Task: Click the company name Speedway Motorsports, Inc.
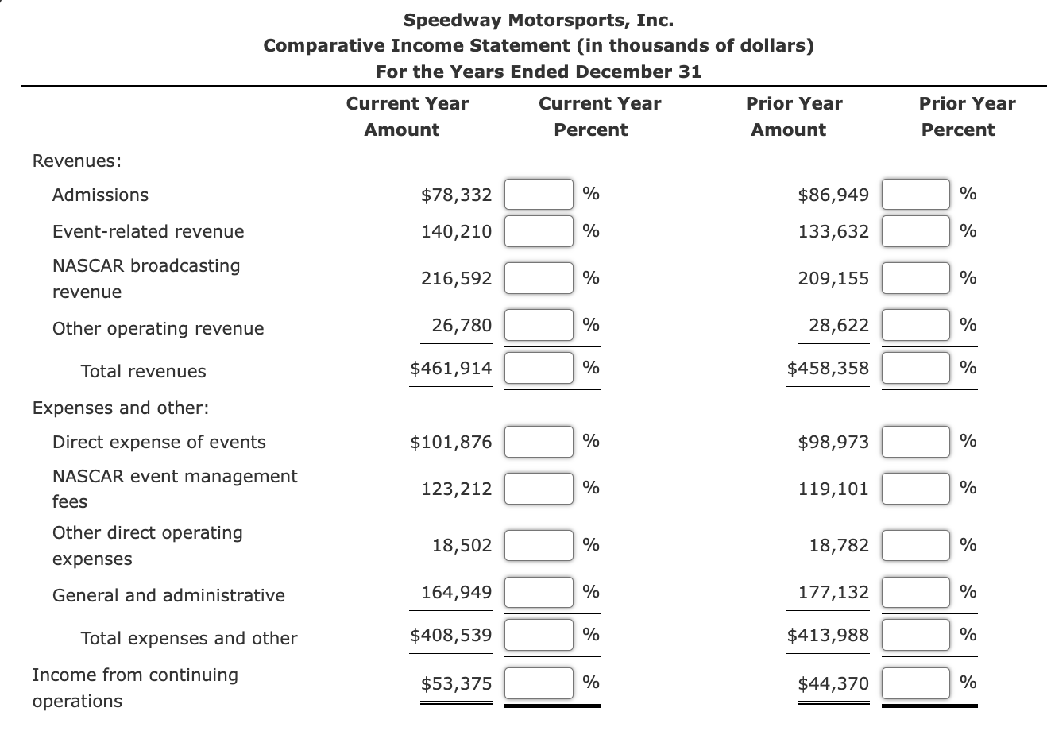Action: (x=539, y=19)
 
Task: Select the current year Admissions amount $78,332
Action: (x=456, y=195)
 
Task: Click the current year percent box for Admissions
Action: (x=539, y=195)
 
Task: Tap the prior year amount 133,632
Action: (x=833, y=232)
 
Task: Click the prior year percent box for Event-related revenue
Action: (x=916, y=232)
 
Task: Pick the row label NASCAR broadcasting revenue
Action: (x=145, y=278)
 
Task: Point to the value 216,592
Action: (x=456, y=278)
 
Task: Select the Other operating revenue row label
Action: (x=157, y=329)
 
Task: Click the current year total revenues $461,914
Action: (x=450, y=368)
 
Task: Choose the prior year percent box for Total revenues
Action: (x=916, y=368)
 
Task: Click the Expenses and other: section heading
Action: (x=121, y=408)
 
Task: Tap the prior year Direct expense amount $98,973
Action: (x=833, y=442)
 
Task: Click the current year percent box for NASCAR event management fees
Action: (x=539, y=489)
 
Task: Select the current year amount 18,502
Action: (x=462, y=545)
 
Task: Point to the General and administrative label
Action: (x=168, y=595)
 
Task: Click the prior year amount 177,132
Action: (x=833, y=592)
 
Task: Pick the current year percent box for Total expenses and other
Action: (x=539, y=635)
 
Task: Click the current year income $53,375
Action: (x=456, y=683)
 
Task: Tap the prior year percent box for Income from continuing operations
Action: (x=916, y=683)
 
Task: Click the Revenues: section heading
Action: (x=76, y=161)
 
